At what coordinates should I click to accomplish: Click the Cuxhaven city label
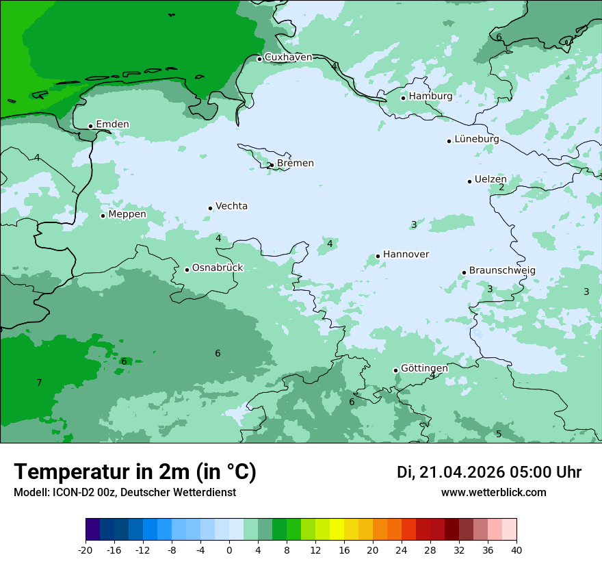pyautogui.click(x=288, y=57)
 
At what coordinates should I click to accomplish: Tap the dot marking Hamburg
pyautogui.click(x=404, y=98)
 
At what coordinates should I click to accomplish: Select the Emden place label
pyautogui.click(x=112, y=125)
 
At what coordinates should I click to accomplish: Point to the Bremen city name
pyautogui.click(x=296, y=164)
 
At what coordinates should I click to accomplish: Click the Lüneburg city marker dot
pyautogui.click(x=449, y=141)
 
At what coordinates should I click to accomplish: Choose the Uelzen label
pyautogui.click(x=490, y=180)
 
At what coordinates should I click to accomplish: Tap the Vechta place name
pyautogui.click(x=231, y=206)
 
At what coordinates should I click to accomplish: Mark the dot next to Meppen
pyautogui.click(x=103, y=216)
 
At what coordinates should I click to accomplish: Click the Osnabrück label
pyautogui.click(x=218, y=268)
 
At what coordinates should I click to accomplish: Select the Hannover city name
pyautogui.click(x=406, y=255)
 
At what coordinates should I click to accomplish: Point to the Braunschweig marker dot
pyautogui.click(x=464, y=272)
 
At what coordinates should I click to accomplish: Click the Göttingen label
pyautogui.click(x=424, y=368)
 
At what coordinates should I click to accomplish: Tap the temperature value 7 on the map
pyautogui.click(x=39, y=383)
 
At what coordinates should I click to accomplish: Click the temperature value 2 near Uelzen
pyautogui.click(x=501, y=188)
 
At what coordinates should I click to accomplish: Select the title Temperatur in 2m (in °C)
pyautogui.click(x=135, y=472)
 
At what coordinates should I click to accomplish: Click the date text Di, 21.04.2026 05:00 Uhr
pyautogui.click(x=489, y=472)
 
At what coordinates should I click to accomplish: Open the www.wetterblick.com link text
pyautogui.click(x=493, y=493)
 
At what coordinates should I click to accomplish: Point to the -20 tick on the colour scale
pyautogui.click(x=86, y=550)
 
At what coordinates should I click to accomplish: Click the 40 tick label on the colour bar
pyautogui.click(x=516, y=550)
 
